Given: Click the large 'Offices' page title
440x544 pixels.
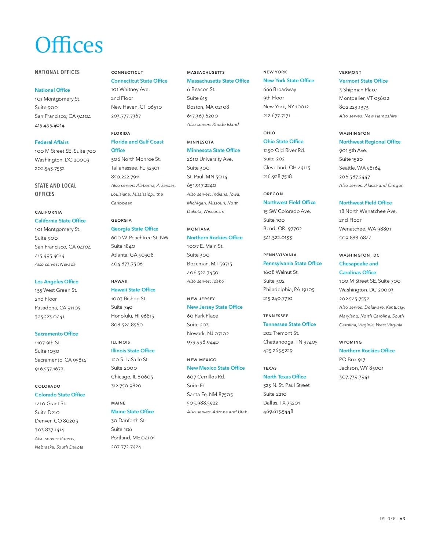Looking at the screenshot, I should pos(69,45).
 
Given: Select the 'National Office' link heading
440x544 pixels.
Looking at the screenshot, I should pos(52,90).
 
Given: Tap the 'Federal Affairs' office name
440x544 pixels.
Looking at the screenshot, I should pos(52,142).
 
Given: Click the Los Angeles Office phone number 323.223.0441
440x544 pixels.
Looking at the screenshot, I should pos(49,317).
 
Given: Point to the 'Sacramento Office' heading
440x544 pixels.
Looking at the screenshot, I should pos(56,334).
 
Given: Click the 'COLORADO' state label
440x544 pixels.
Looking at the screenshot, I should pos(48,386).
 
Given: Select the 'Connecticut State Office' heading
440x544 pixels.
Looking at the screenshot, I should pos(139,81).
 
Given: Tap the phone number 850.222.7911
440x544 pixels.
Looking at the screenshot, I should pos(125,177).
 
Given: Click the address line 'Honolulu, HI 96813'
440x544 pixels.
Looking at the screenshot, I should pos(132,316).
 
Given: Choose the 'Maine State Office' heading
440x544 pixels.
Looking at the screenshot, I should pos(132,411).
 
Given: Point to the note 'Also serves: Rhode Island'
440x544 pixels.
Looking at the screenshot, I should pos(213,124).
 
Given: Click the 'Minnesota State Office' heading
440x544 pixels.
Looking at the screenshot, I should pos(213,150).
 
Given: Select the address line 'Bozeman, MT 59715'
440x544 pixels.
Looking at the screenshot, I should pos(209,264).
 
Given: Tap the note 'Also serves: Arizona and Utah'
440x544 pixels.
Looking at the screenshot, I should pos(217,412).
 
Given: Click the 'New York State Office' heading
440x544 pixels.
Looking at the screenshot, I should pos(289,80).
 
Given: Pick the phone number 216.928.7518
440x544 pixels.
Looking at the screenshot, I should pos(278,176).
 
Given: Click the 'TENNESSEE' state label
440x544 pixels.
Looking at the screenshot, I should pos(276,316).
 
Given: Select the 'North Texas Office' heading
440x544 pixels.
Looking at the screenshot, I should pos(285,377).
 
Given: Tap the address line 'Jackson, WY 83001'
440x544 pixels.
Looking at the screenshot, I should pos(361,368).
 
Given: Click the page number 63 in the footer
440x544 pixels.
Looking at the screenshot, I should pos(403,519).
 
